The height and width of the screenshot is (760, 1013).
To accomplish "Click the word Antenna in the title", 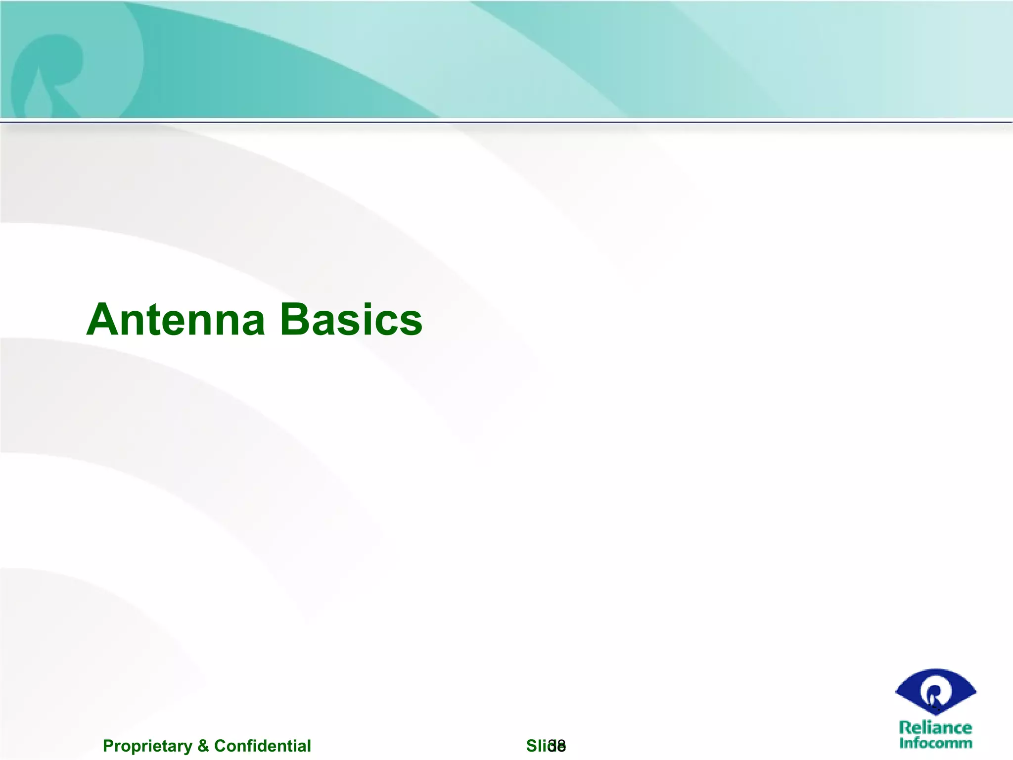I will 176,320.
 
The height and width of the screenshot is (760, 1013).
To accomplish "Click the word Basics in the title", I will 351,320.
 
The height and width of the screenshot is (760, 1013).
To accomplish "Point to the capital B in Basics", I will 295,320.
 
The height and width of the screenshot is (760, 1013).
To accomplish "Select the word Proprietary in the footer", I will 147,746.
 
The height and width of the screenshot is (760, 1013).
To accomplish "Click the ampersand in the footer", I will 203,746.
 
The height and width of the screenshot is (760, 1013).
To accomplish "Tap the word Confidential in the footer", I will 262,746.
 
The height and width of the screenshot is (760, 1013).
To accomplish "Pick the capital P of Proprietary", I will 107,746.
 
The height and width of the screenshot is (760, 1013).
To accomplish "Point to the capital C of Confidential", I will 220,746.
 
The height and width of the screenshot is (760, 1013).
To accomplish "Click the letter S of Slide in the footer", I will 531,746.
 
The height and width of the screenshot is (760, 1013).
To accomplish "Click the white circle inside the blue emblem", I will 935,691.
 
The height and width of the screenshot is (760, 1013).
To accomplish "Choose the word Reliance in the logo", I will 935,727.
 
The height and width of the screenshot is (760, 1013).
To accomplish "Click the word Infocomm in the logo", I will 935,743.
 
